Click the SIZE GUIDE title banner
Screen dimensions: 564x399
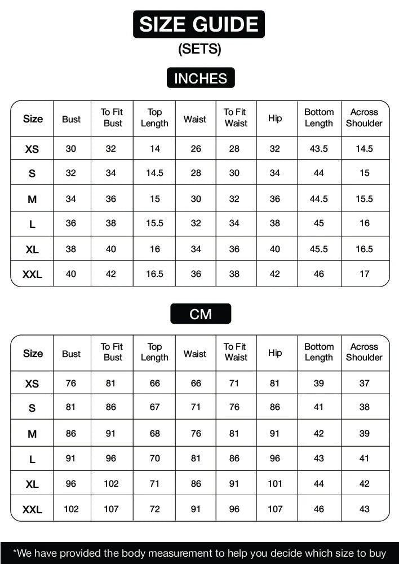click(x=199, y=24)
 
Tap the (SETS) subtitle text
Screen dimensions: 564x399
click(x=200, y=49)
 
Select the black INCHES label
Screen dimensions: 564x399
click(x=200, y=78)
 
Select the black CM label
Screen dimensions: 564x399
click(x=200, y=314)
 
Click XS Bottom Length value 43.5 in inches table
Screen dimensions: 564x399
click(x=319, y=149)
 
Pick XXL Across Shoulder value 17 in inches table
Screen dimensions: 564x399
click(x=365, y=274)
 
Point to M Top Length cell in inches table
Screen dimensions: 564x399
click(x=154, y=199)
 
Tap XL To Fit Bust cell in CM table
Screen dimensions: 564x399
click(x=111, y=484)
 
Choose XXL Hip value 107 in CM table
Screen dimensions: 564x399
click(x=275, y=509)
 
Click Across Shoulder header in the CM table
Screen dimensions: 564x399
click(x=364, y=352)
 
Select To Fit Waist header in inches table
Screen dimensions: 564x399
click(x=235, y=117)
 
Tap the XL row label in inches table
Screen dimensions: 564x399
click(x=32, y=249)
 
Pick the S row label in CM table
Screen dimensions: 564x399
click(x=32, y=408)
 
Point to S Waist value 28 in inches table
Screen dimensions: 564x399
click(x=196, y=173)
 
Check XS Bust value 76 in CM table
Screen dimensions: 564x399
click(x=71, y=384)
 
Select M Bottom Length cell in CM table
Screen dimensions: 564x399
click(x=319, y=434)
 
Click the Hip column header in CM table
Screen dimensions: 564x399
click(x=275, y=353)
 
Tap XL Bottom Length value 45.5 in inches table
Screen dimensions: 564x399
click(x=319, y=249)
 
